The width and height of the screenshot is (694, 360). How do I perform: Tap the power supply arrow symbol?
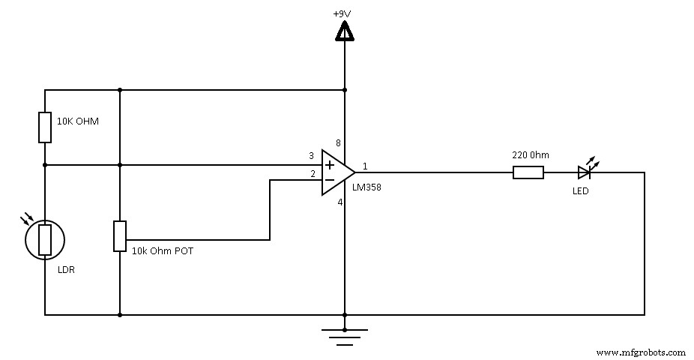tap(345, 31)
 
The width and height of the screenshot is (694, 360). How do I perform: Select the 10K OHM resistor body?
tap(45, 127)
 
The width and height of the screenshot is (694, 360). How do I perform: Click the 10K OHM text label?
tap(78, 121)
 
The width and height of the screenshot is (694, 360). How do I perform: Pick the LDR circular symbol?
tap(45, 239)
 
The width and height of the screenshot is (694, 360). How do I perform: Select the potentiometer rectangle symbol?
tap(120, 235)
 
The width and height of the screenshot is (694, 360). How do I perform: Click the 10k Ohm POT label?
tap(162, 251)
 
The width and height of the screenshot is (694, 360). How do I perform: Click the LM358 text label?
tap(366, 187)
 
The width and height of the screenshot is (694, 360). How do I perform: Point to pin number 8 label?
tap(337, 143)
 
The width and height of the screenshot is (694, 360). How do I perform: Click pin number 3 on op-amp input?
tap(311, 156)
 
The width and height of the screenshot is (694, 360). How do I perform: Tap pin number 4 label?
tap(338, 202)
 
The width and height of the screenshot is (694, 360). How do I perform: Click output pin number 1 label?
tap(365, 166)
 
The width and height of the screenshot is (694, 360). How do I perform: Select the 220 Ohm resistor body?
tap(528, 172)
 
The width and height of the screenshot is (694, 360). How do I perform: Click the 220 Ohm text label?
tap(530, 155)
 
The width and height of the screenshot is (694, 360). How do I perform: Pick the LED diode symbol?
tap(585, 172)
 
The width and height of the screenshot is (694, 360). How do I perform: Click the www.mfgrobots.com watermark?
tap(641, 352)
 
